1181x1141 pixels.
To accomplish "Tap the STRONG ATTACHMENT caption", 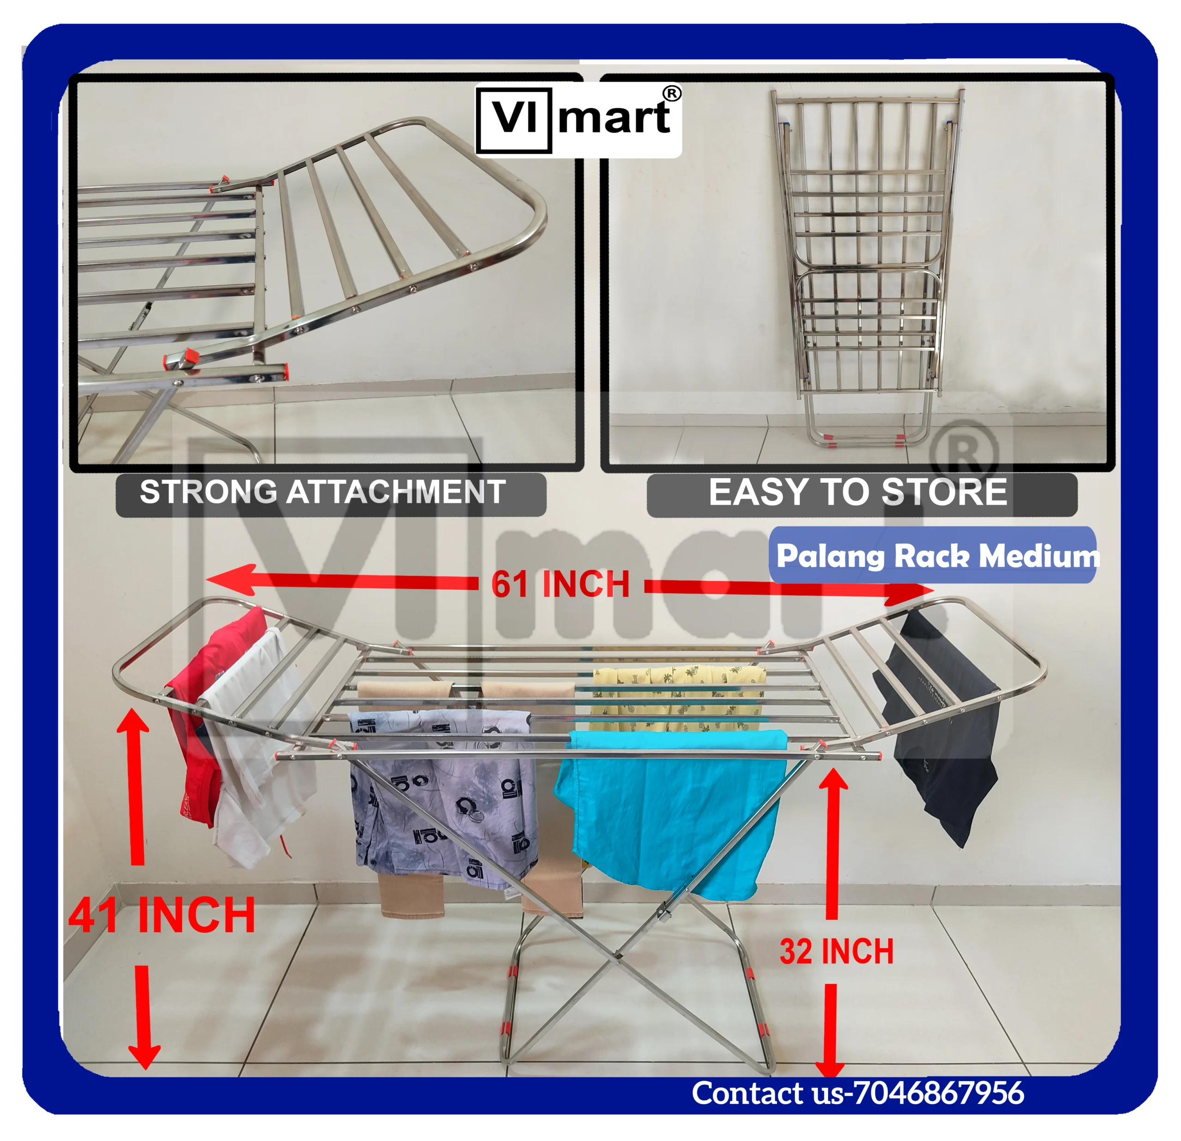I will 323,492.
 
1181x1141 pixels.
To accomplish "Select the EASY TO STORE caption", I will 858,492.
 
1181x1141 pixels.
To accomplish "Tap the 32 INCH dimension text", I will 836,952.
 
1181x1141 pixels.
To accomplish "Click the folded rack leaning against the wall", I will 859,265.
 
